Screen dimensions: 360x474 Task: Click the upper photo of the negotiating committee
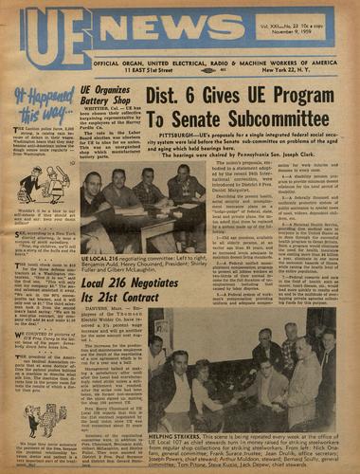(x=143, y=208)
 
